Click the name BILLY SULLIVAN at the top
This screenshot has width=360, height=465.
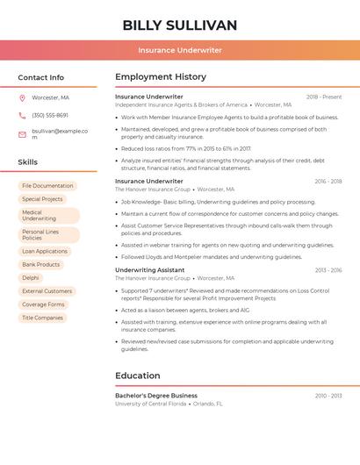(x=180, y=25)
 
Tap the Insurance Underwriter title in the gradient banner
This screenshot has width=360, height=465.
(x=180, y=50)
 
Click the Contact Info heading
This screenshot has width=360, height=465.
(x=41, y=77)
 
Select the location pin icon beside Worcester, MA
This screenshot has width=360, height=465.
(x=22, y=97)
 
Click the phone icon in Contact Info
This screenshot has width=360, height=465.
(x=22, y=115)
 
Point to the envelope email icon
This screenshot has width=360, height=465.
(x=22, y=134)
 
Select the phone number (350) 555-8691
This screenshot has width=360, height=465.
(x=50, y=115)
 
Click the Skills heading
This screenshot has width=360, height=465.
(x=28, y=162)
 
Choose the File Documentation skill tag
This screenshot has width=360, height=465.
(x=47, y=186)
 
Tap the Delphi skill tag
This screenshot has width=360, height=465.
(x=31, y=277)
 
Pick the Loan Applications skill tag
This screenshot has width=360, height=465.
(x=45, y=251)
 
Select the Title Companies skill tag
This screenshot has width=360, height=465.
(x=42, y=318)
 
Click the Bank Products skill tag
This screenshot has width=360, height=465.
(x=41, y=264)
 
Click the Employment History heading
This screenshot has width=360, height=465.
(x=161, y=77)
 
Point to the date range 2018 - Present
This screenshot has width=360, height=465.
(x=324, y=97)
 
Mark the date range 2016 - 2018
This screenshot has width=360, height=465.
(x=328, y=182)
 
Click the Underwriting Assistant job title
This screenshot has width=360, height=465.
(x=150, y=270)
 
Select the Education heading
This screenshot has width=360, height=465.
(x=138, y=376)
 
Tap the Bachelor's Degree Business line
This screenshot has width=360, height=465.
(x=156, y=396)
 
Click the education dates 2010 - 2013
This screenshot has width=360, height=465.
(x=328, y=396)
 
